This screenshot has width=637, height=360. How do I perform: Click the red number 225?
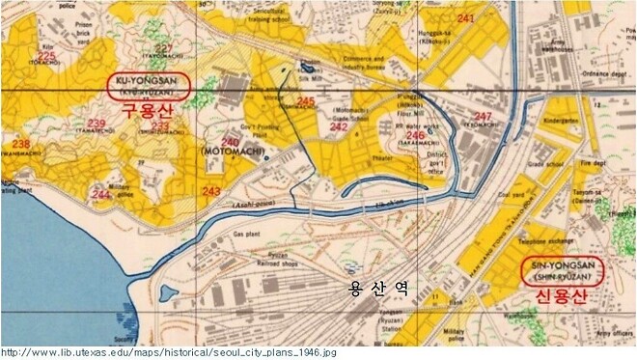45,57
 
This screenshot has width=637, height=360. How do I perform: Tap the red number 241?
466,19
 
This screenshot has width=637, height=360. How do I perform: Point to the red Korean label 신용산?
563,292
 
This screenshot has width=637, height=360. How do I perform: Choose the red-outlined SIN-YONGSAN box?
562,269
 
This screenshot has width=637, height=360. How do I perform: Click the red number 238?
21,144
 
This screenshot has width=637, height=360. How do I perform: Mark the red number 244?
101,194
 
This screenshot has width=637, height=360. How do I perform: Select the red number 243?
211,191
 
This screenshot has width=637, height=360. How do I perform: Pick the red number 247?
484,117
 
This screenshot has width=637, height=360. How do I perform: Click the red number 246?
415,135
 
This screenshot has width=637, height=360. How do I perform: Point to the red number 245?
306,102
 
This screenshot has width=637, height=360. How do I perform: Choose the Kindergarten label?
560,123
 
